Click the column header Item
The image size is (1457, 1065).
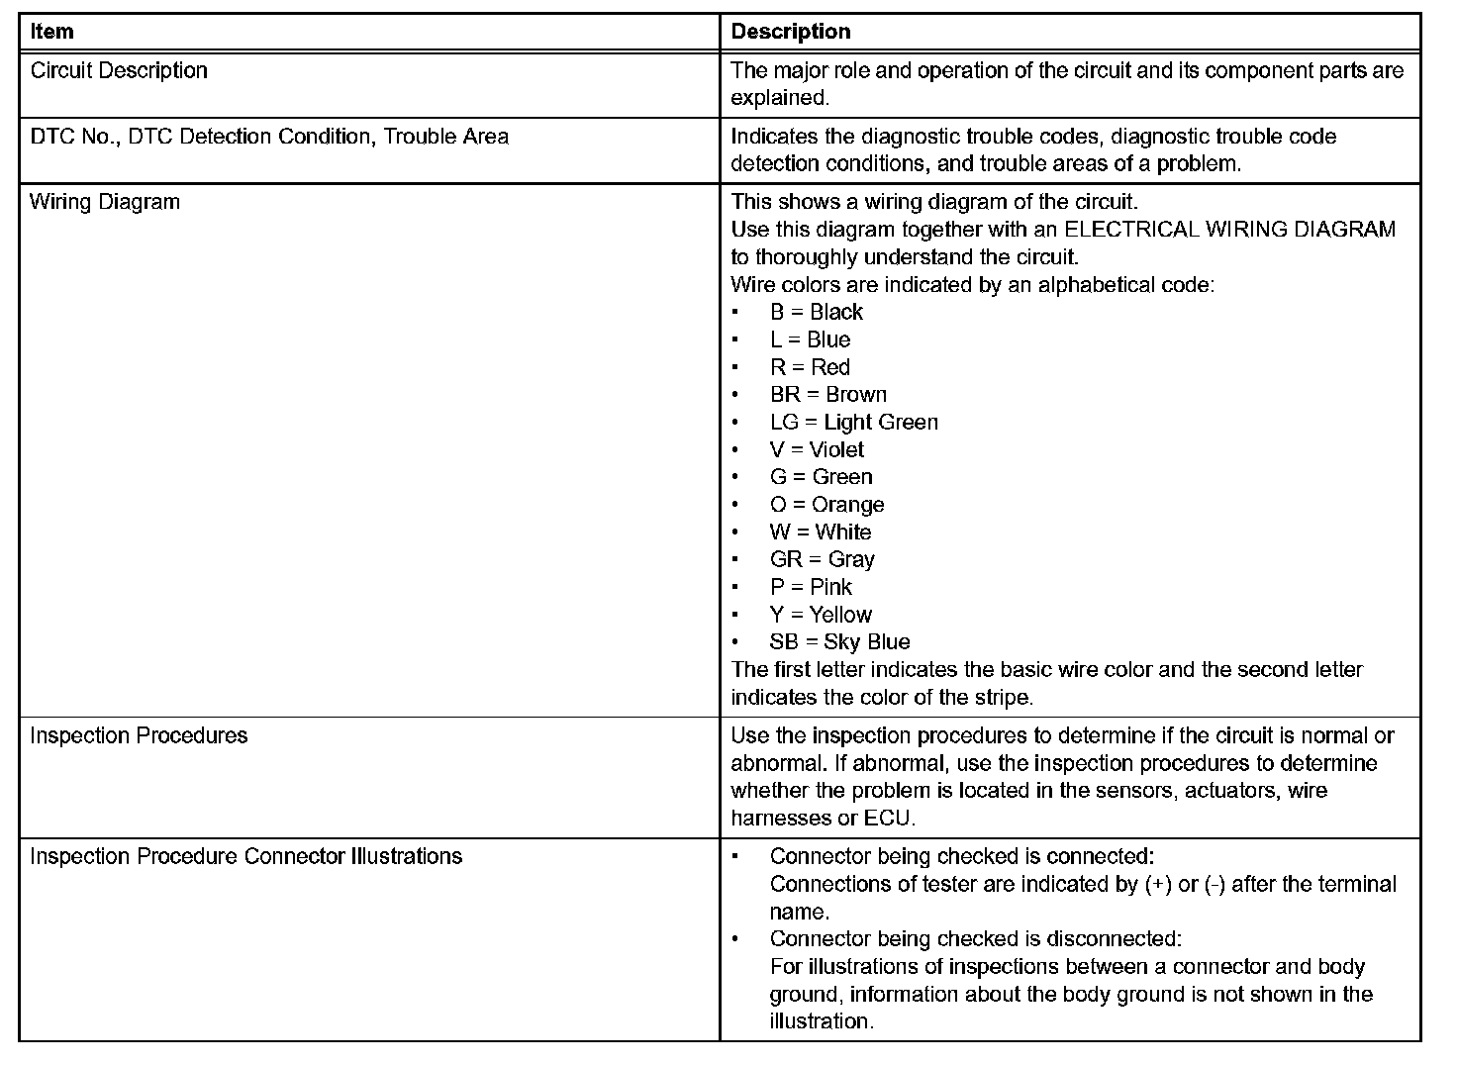pos(51,32)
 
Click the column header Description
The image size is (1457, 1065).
pos(790,32)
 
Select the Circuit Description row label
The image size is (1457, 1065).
pos(119,70)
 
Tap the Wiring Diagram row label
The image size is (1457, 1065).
pos(105,202)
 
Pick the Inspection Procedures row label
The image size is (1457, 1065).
pos(139,735)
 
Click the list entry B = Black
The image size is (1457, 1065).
pos(817,312)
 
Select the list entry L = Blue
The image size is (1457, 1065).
pos(811,339)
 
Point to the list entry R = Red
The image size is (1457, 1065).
pos(810,367)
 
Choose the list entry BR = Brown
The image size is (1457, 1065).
pos(828,395)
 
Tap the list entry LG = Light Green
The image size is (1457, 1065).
pos(854,423)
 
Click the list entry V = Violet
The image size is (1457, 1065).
pos(817,450)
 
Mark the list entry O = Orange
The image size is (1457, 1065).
pos(827,505)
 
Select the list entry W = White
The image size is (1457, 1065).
pos(821,532)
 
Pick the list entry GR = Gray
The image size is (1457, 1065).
pos(823,560)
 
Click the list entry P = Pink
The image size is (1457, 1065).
pos(811,587)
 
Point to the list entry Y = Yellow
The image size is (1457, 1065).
pos(821,615)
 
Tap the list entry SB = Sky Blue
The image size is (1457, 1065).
pos(839,642)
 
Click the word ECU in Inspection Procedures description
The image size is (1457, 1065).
pos(888,819)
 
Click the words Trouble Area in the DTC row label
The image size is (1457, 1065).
pos(446,137)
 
